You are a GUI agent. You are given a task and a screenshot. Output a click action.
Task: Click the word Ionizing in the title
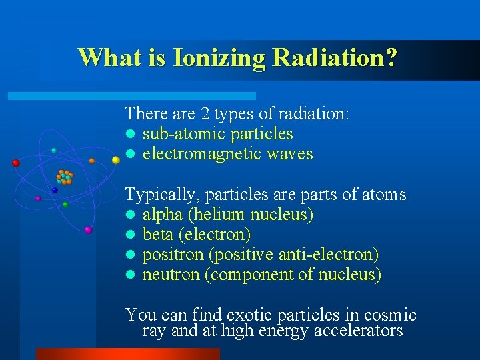tap(219, 58)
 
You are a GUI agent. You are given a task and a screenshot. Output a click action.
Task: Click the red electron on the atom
tap(16, 163)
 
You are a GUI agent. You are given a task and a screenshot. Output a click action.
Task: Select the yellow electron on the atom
tap(115, 160)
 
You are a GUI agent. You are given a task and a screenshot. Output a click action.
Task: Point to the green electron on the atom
tap(65, 205)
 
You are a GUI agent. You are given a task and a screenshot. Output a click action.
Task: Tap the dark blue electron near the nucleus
tap(55, 190)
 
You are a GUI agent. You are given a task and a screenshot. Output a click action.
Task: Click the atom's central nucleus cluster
tap(65, 177)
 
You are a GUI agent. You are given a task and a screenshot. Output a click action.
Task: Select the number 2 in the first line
tap(206, 114)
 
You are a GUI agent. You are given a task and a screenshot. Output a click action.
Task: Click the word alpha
tap(163, 215)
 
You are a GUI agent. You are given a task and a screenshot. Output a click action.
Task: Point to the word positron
tap(171, 255)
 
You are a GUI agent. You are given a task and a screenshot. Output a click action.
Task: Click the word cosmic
tap(391, 315)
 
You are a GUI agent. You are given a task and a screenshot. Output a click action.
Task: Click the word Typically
tap(162, 195)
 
